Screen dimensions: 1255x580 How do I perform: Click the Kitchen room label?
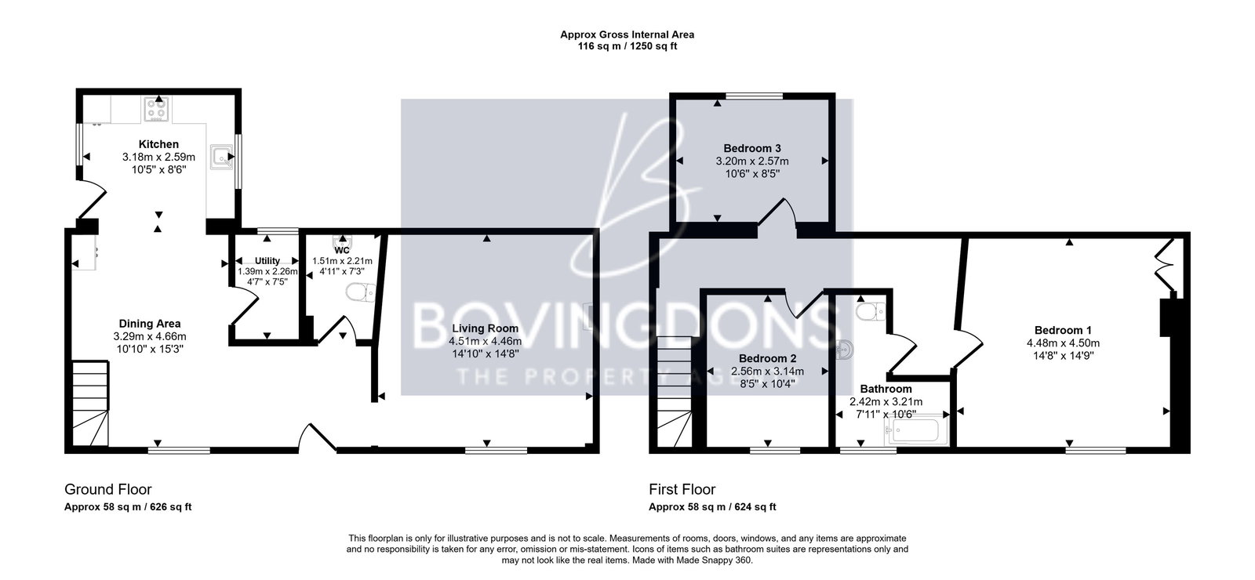coord(158,144)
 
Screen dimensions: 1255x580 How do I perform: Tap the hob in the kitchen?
coord(157,109)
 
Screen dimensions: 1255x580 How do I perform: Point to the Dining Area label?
coord(150,324)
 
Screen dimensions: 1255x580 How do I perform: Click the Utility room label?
coord(267,261)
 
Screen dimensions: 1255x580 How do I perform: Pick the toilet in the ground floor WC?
coord(361,293)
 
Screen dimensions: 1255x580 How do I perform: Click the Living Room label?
coord(486,328)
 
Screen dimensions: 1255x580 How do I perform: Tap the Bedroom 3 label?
coord(752,148)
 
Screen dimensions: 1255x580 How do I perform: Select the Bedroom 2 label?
coord(768,358)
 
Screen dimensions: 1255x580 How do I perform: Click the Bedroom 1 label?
coord(1063,330)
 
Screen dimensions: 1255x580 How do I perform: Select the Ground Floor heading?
coord(108,489)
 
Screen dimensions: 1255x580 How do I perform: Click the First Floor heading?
coord(682,489)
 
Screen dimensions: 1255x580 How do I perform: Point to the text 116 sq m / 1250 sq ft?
coord(627,46)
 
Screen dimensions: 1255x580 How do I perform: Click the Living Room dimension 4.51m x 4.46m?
coord(486,341)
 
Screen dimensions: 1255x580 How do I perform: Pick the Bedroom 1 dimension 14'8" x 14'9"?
coord(1063,356)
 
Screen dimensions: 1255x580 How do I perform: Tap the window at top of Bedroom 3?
coord(754,96)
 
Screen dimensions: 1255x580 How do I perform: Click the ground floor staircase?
coord(90,403)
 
